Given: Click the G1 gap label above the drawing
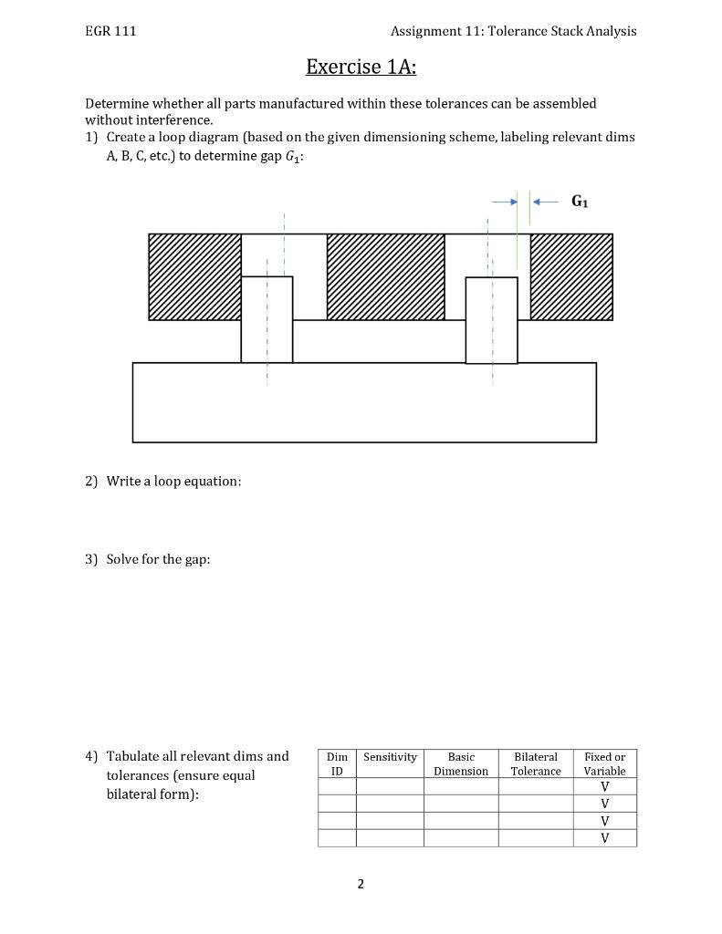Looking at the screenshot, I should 580,202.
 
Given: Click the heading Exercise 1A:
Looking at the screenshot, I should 361,67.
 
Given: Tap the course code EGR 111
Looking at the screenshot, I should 110,31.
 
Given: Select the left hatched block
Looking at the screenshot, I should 194,276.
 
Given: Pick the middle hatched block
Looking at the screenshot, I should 385,276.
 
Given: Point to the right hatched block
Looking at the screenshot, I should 571,276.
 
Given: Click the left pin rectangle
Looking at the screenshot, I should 267,319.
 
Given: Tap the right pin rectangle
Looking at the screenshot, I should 491,320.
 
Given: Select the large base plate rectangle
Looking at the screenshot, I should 364,402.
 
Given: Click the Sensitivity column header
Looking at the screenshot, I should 390,757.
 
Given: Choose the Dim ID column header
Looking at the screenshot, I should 337,763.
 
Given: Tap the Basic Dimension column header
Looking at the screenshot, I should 461,763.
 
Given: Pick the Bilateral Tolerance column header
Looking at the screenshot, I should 536,763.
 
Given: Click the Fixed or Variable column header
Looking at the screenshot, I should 604,763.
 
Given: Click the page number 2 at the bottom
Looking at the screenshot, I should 361,884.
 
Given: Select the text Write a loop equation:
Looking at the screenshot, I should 173,481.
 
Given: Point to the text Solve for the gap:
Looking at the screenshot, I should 158,559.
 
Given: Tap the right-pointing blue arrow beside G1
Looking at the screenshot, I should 504,202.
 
